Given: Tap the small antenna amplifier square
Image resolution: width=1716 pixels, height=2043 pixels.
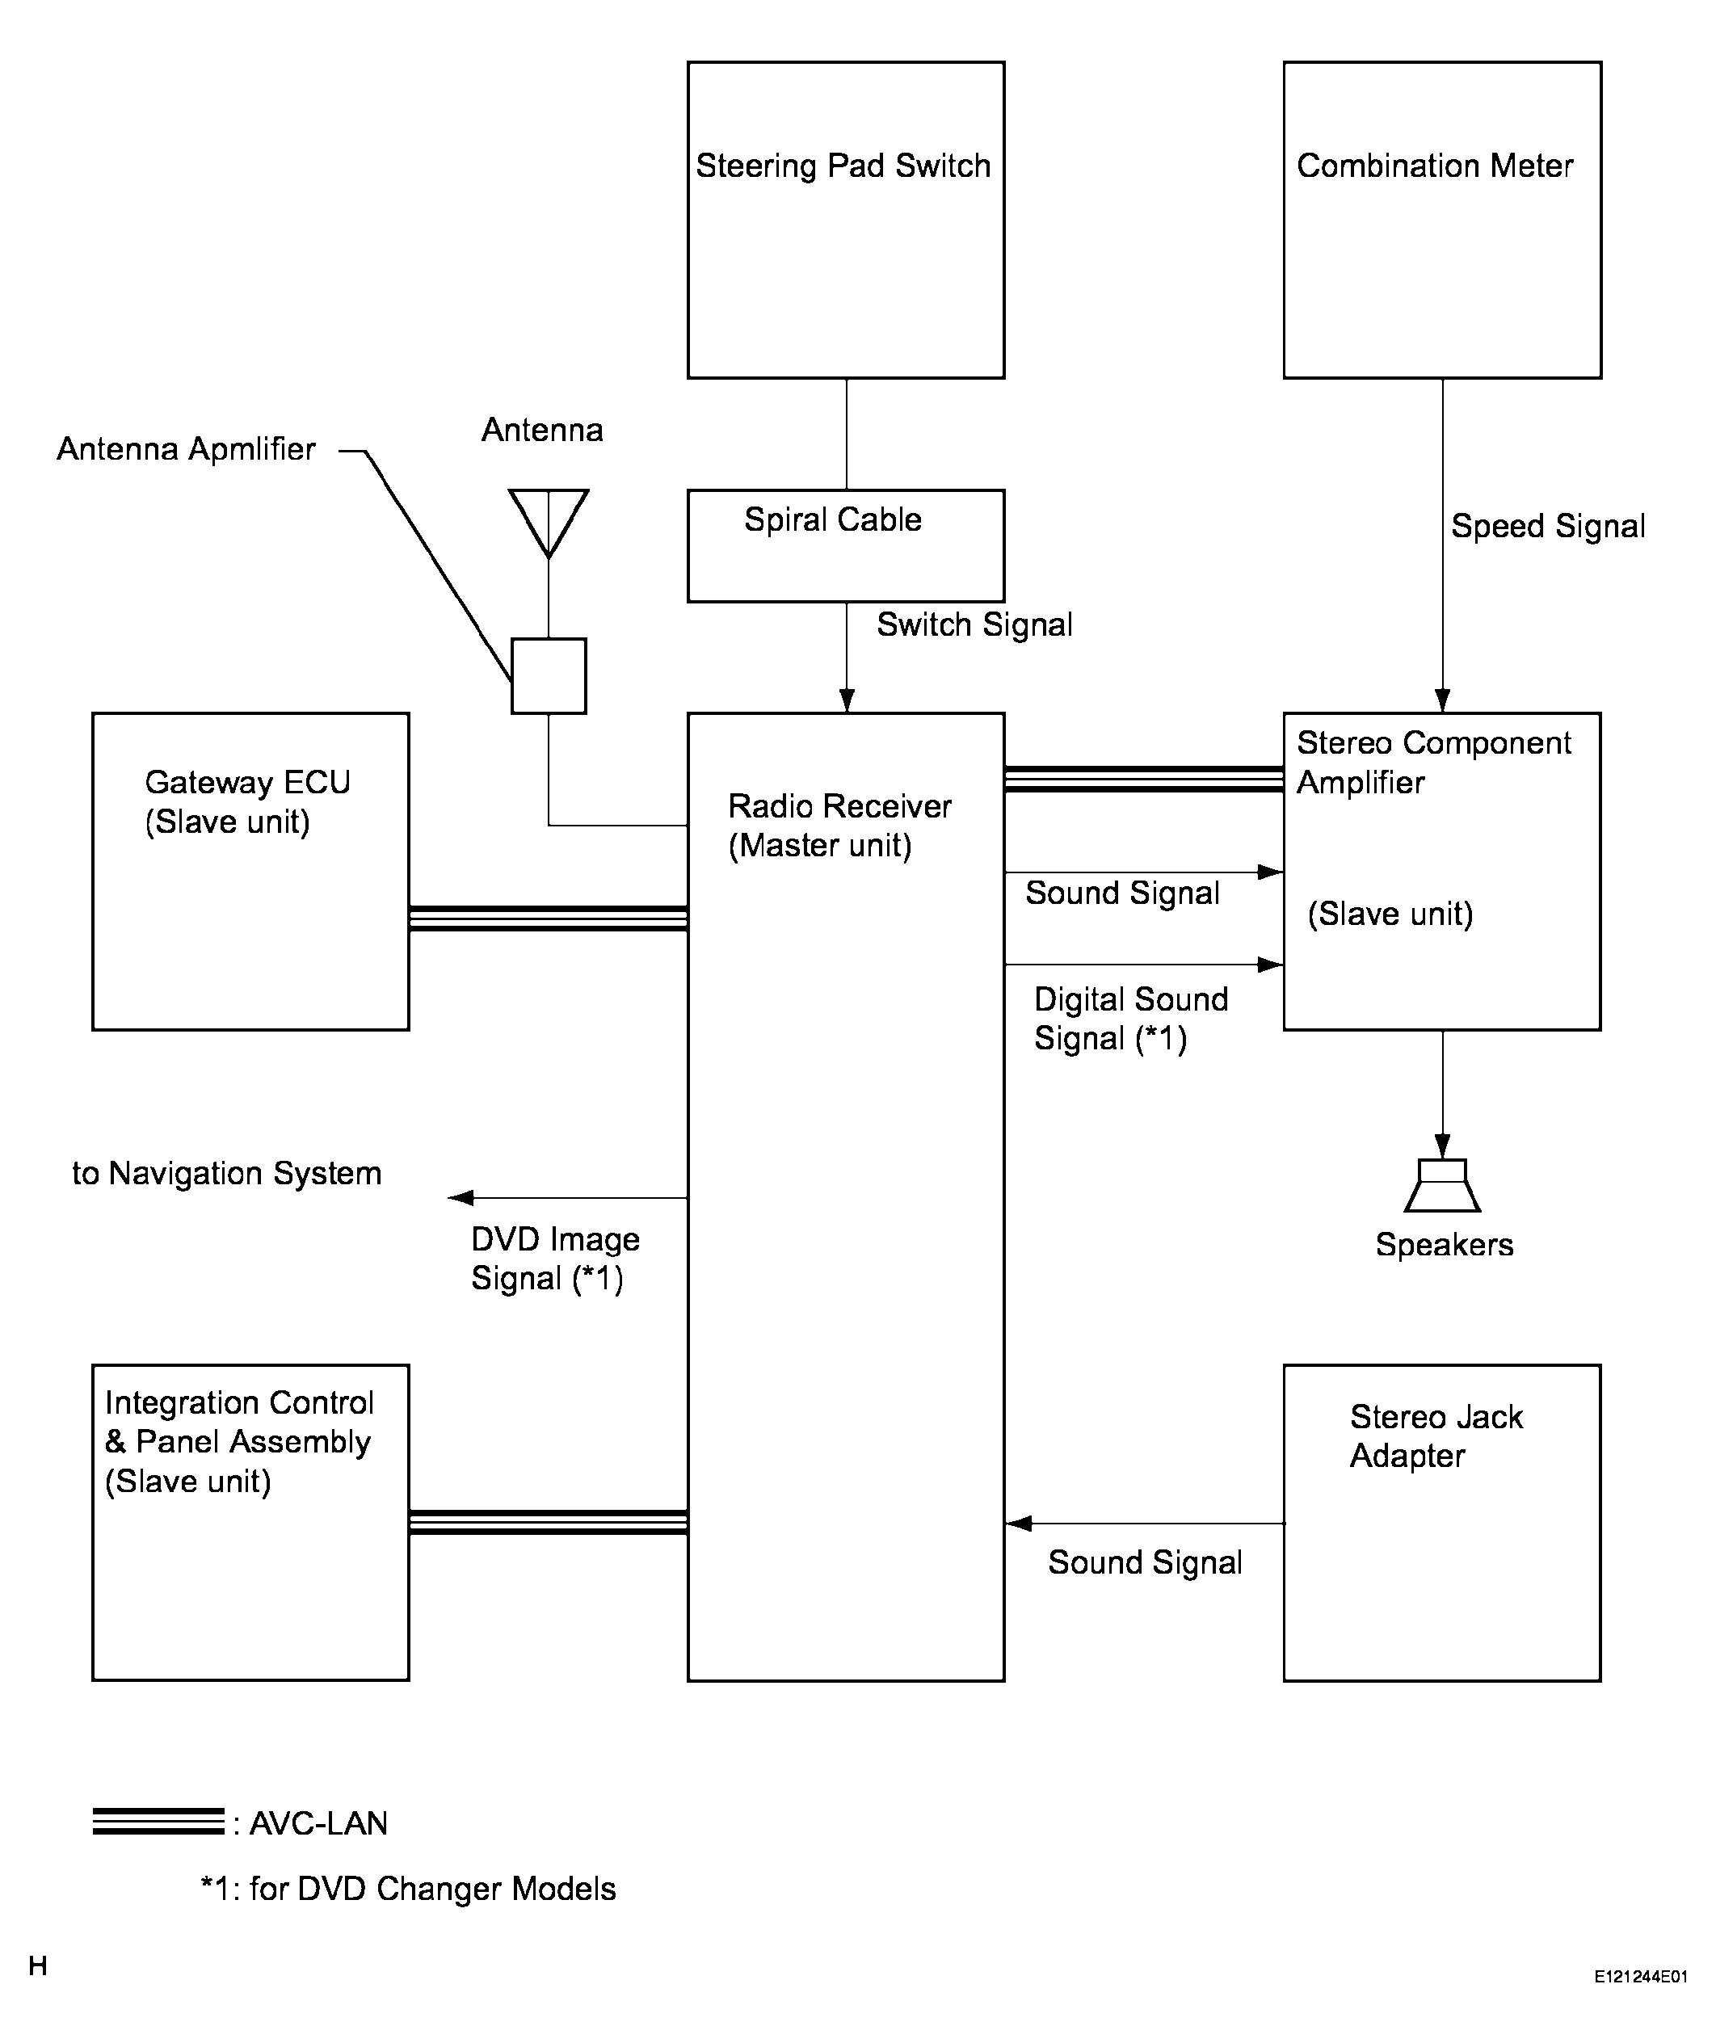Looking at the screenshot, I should pos(549,676).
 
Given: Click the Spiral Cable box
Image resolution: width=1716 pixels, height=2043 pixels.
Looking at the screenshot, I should pos(845,546).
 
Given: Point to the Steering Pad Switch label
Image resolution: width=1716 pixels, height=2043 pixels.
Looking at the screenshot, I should pos(843,166).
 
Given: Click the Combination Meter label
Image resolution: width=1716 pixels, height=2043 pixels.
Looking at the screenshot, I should pos(1434,166).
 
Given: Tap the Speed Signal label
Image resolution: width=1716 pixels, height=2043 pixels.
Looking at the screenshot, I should pos(1548,527).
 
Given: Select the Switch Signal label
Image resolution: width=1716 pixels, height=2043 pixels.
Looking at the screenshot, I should pos(974,624).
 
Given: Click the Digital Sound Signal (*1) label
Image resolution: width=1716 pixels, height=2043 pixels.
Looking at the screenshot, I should pos(1130,1019).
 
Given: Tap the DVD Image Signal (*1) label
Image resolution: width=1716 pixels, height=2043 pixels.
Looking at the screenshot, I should pos(554,1258).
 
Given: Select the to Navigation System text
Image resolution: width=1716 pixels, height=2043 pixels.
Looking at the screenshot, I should pos(227,1173).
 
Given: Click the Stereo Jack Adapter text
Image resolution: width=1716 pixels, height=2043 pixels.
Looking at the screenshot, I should pos(1436,1436).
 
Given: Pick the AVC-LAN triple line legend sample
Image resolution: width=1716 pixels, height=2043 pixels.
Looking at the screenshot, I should pos(158,1821).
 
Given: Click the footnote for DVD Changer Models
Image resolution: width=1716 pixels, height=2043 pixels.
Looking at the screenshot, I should pos(409,1889).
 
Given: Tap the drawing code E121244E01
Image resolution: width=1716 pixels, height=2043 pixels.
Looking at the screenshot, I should pos(1640,2003).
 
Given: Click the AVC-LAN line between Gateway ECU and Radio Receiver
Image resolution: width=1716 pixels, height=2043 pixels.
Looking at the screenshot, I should pos(549,919).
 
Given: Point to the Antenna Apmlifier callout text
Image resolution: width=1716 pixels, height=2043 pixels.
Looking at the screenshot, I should pos(186,449).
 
